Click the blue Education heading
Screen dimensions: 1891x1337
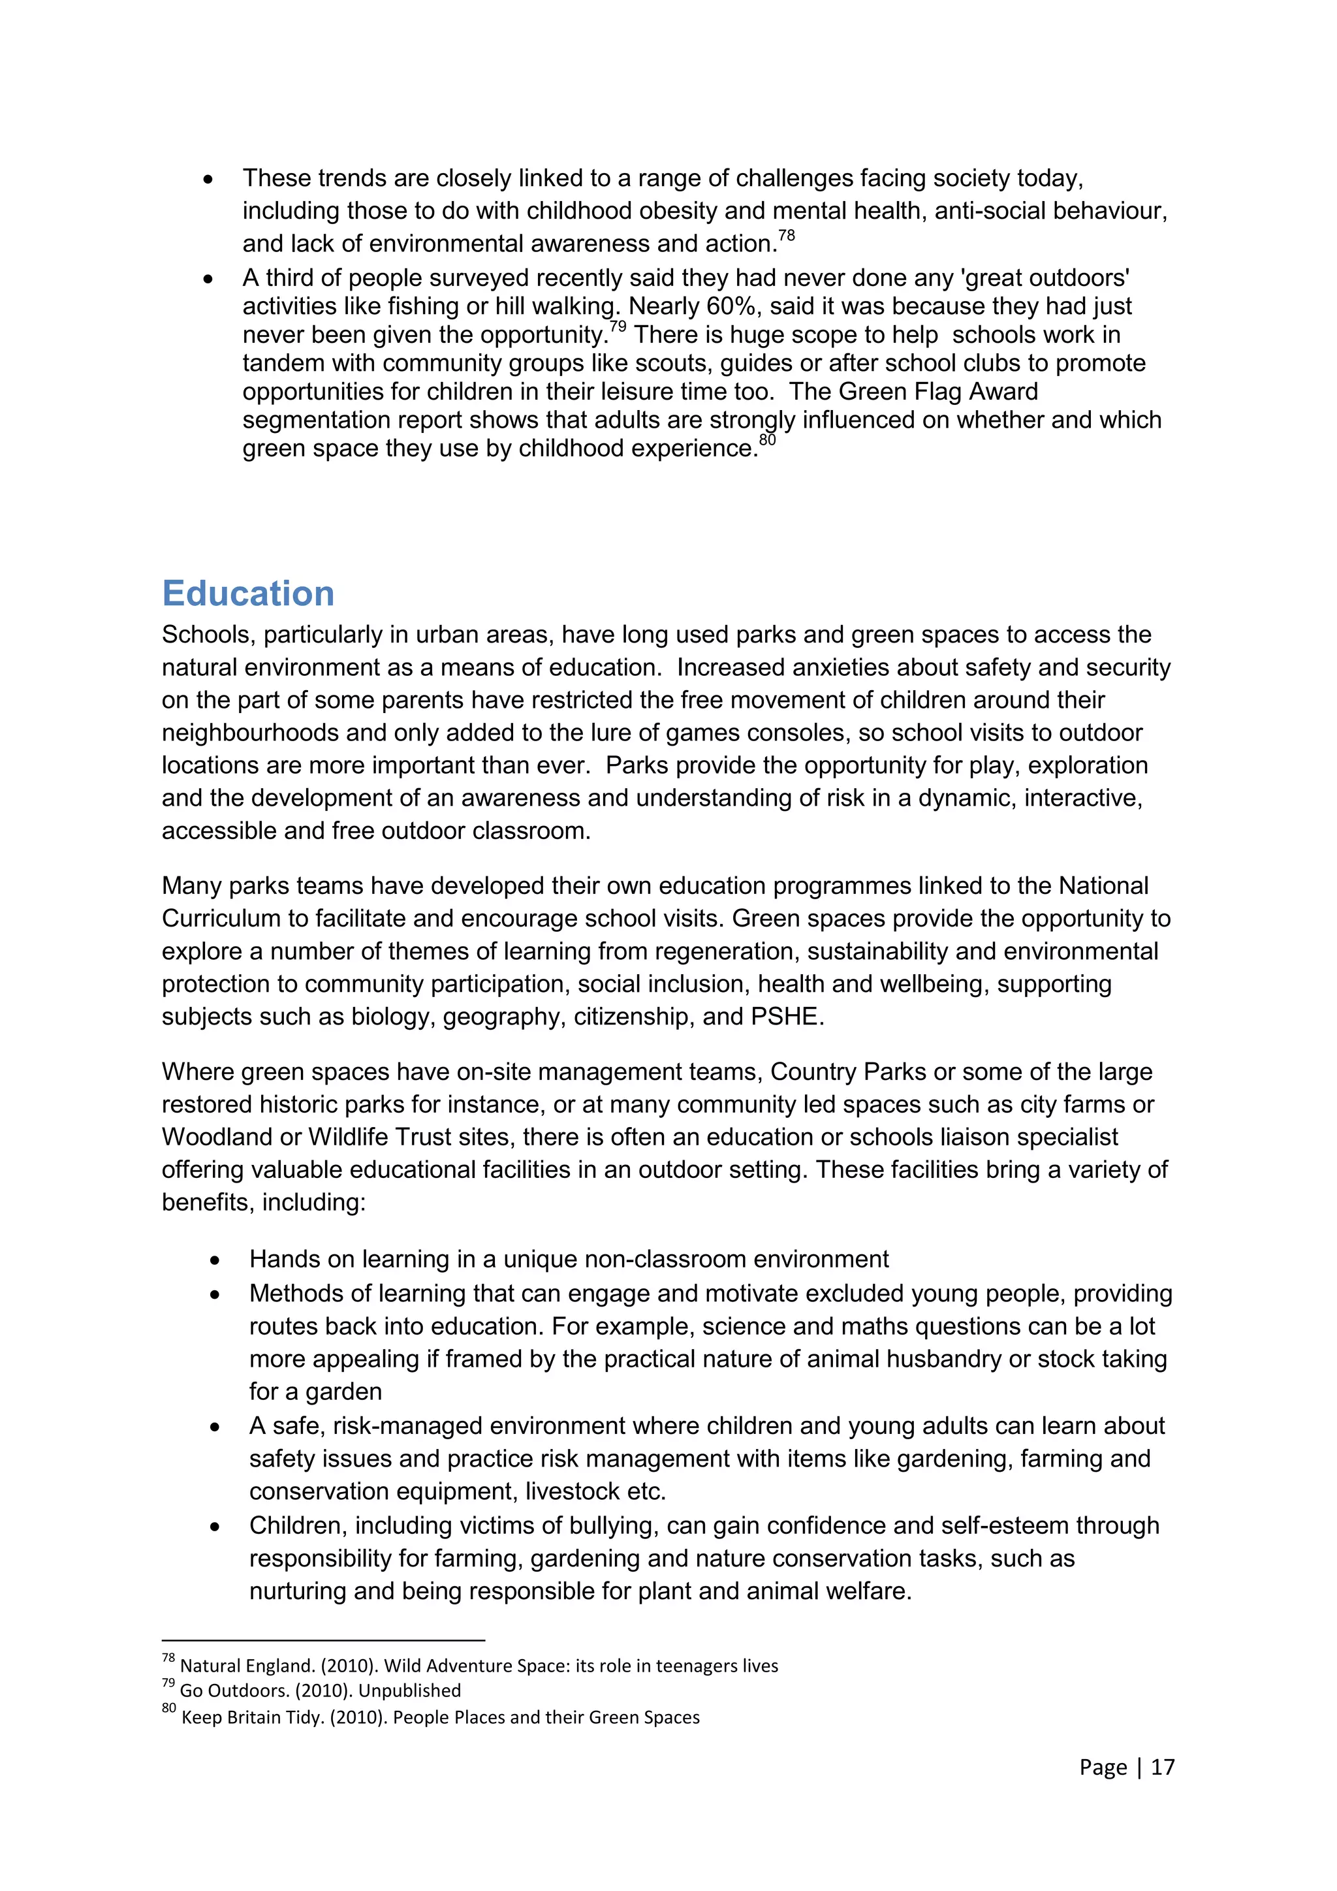point(248,594)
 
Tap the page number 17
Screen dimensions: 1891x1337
point(1163,1767)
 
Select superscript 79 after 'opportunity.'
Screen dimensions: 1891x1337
point(617,327)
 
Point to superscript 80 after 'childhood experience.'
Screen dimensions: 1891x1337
point(767,440)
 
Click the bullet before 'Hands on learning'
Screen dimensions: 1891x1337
point(215,1260)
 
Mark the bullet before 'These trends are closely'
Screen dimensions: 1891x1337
point(208,180)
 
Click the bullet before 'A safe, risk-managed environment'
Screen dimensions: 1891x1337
point(215,1427)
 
